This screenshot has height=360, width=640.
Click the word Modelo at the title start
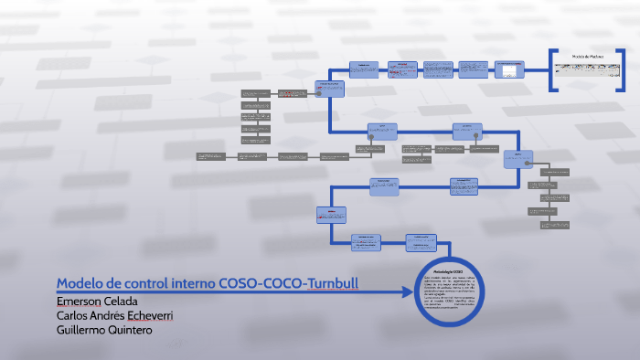point(79,283)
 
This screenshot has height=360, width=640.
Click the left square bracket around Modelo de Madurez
point(553,69)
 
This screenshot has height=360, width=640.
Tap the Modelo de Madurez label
point(589,57)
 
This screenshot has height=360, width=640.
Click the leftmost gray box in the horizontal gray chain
point(210,156)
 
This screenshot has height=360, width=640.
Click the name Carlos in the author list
point(73,315)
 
